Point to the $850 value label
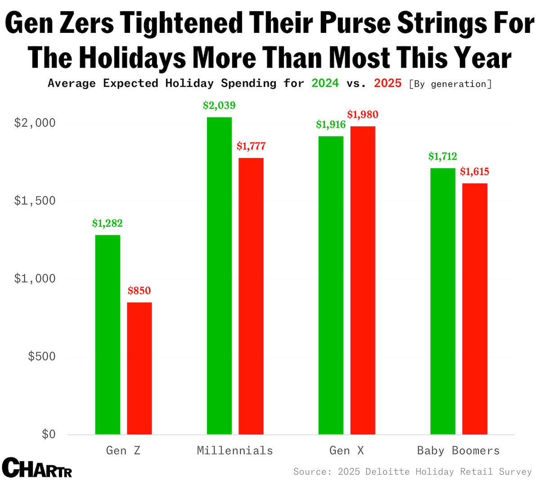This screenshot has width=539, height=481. tap(139, 291)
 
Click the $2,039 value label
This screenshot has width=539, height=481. tap(219, 106)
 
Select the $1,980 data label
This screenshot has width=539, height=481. tap(363, 115)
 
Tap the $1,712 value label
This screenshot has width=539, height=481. tap(443, 157)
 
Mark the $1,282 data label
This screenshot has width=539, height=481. tap(108, 224)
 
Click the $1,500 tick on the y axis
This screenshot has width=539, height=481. tap(35, 201)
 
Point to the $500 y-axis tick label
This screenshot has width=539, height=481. tap(42, 356)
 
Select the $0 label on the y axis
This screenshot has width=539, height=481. tap(49, 434)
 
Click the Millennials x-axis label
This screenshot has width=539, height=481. tap(235, 450)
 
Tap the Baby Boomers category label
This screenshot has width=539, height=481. tap(458, 450)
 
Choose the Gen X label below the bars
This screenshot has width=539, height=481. tap(346, 450)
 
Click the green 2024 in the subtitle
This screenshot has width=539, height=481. tap(325, 83)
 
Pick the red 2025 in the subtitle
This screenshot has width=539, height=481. tap(387, 83)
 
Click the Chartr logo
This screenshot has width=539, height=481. tap(37, 468)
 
